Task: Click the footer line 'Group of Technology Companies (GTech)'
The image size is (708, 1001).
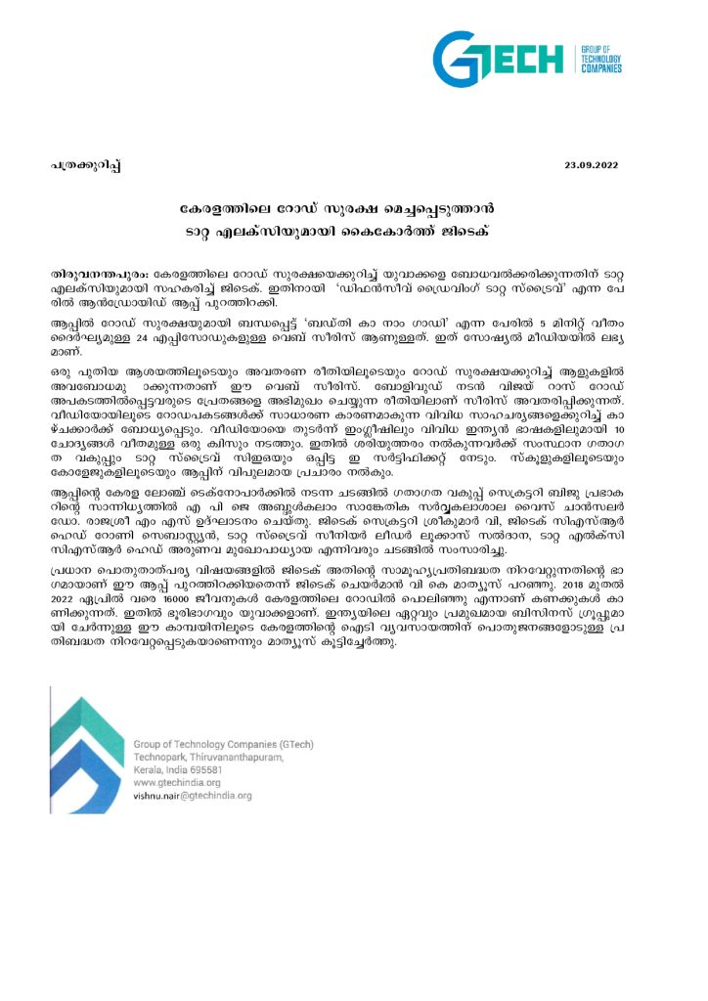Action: coord(223,745)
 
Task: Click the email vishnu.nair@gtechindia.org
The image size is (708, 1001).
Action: coord(192,796)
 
